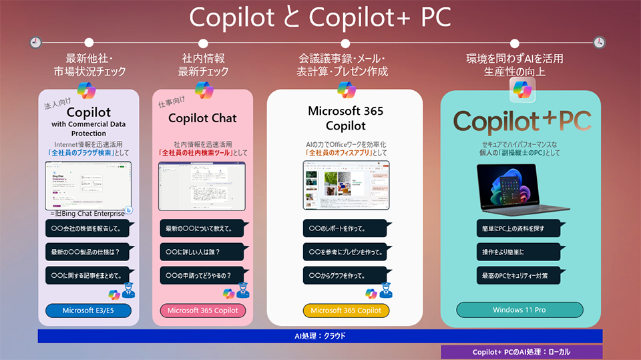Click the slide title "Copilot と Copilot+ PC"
320,18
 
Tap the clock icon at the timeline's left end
35,43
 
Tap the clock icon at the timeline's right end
599,43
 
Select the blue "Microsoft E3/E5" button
88,311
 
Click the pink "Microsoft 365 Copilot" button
203,311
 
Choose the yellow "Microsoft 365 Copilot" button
346,311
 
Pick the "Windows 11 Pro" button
519,310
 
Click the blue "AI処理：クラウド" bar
320,336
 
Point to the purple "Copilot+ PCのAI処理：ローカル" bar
521,352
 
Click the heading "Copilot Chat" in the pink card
202,118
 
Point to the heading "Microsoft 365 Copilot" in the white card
345,118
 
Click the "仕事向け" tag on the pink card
172,102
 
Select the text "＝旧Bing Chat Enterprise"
87,213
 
